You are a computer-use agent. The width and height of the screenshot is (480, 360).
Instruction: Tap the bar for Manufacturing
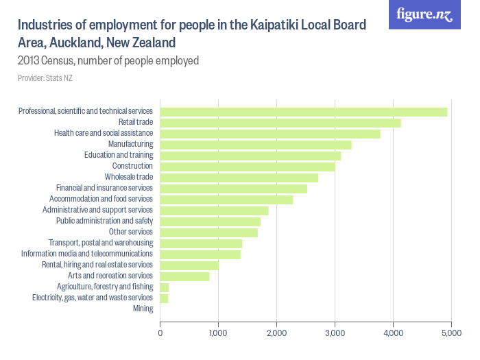(x=255, y=145)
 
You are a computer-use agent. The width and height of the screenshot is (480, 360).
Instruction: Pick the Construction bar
(x=247, y=167)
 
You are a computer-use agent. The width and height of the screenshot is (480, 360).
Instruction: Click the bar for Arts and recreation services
(x=184, y=276)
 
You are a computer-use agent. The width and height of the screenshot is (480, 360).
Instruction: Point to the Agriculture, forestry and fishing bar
(x=165, y=287)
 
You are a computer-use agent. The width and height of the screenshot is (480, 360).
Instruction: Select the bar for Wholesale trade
(x=239, y=178)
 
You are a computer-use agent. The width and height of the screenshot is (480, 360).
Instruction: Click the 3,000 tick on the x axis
(x=335, y=333)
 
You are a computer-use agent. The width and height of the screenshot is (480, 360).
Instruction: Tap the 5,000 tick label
(x=451, y=333)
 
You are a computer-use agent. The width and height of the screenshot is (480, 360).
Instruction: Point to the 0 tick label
(x=160, y=333)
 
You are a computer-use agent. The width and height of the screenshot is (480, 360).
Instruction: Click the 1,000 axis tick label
(x=218, y=333)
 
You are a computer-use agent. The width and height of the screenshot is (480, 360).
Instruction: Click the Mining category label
(x=143, y=309)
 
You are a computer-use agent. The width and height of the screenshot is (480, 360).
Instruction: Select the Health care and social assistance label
(x=103, y=133)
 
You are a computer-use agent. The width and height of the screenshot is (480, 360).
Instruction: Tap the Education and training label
(x=118, y=155)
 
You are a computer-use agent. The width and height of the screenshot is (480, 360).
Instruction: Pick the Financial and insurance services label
(x=104, y=188)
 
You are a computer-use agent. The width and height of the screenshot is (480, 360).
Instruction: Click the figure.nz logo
(x=424, y=14)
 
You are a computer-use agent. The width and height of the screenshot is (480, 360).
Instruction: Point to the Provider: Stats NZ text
(x=45, y=78)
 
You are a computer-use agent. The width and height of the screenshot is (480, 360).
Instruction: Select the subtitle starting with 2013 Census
(x=108, y=60)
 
